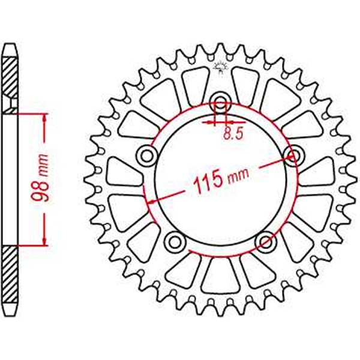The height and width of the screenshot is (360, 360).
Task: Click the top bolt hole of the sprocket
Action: tap(220, 102)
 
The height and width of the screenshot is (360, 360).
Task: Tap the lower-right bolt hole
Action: tap(265, 241)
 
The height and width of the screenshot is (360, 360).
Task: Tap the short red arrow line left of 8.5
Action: tap(208, 122)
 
